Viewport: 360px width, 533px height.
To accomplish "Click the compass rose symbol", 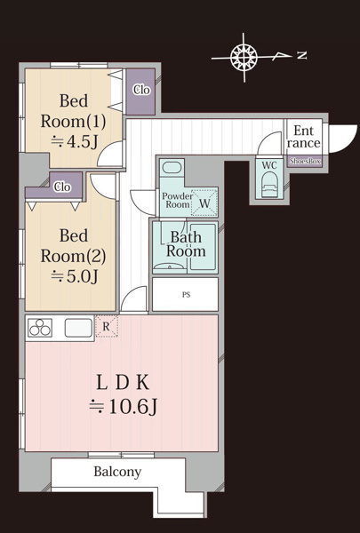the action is tap(244, 57).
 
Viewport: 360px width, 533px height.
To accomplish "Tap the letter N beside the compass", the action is tap(302, 55).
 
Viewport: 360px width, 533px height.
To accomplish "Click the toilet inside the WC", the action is tap(269, 184).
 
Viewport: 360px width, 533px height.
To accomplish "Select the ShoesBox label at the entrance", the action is tap(305, 162).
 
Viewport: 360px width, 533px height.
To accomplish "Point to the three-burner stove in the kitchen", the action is tap(40, 327).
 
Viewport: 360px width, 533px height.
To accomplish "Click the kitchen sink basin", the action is tap(78, 327).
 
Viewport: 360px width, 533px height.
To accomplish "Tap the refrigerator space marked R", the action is tap(107, 326).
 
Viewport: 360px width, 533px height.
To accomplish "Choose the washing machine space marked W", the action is tap(204, 203).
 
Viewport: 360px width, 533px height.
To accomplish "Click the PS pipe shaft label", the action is tap(186, 295).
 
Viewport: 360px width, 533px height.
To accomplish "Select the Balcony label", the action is tap(117, 472).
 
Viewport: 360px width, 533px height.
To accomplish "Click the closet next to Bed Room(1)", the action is tap(140, 91).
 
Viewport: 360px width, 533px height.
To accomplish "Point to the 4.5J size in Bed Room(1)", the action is tap(75, 142).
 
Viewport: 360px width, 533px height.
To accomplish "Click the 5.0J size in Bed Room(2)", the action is tap(75, 276).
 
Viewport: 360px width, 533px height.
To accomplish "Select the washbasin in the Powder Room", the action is tap(172, 168).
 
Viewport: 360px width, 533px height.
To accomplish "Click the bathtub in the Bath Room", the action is tap(203, 246).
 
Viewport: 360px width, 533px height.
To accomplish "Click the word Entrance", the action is tap(304, 136).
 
